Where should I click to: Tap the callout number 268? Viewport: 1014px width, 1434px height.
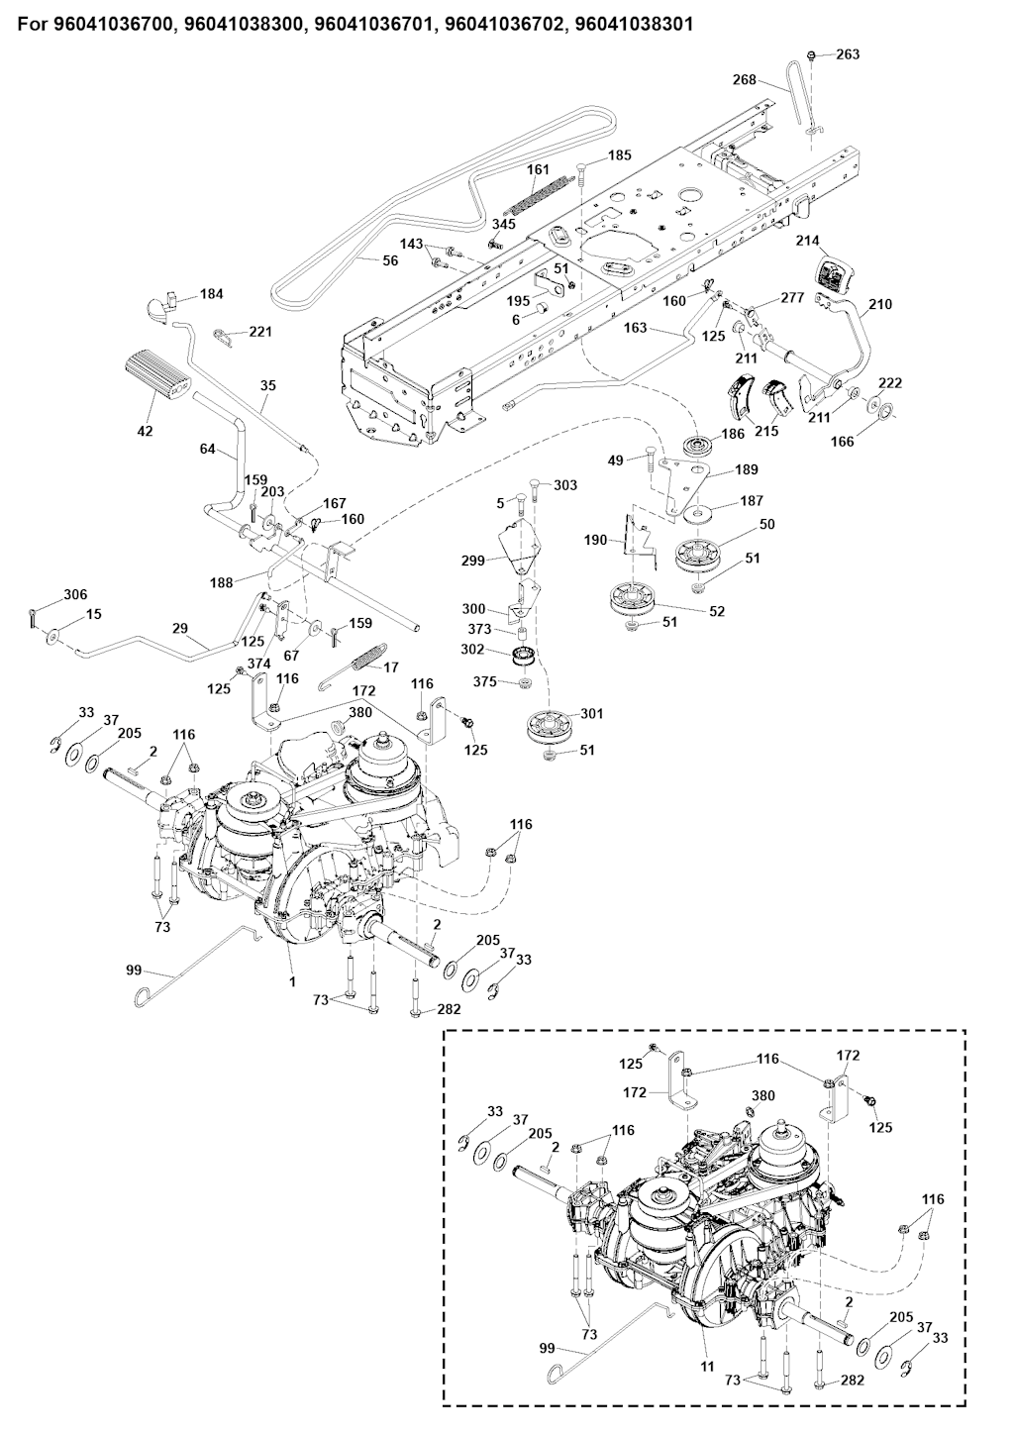[x=745, y=79]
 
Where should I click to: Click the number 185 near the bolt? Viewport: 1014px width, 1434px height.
[x=619, y=155]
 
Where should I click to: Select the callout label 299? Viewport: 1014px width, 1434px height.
[x=473, y=561]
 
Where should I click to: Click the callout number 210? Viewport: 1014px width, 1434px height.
[x=879, y=304]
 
